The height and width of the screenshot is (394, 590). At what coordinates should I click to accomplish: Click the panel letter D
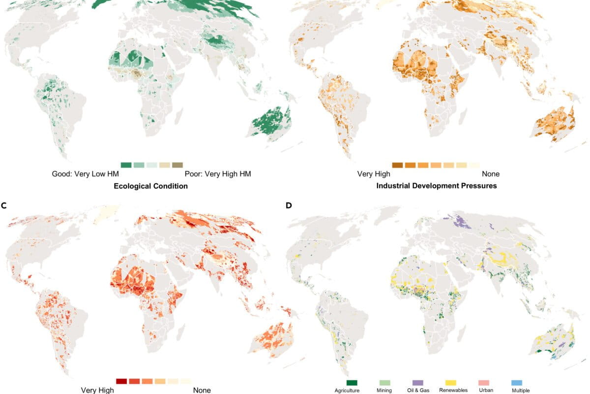pos(290,205)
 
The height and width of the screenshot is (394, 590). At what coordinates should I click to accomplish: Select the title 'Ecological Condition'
pos(151,186)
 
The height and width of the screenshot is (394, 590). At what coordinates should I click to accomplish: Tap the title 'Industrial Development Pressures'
pos(437,186)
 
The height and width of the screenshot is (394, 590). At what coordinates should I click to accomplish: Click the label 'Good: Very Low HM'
pos(85,174)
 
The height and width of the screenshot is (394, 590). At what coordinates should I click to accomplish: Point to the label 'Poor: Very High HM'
pos(218,174)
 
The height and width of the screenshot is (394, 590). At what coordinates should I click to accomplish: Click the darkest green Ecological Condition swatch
pos(126,165)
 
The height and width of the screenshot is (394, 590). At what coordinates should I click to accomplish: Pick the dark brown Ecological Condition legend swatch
pos(177,165)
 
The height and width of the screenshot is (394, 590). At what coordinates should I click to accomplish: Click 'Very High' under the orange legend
pos(374,174)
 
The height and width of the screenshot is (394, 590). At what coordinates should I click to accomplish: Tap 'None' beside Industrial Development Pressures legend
pos(491,174)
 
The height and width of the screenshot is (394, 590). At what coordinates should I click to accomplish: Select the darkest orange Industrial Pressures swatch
pos(397,165)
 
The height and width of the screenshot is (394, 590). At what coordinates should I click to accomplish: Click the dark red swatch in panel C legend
pos(121,381)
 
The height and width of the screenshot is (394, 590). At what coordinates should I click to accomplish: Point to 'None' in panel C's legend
pos(202,390)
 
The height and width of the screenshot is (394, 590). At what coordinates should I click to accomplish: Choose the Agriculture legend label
pos(347,391)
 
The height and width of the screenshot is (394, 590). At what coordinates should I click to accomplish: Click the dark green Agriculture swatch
pos(352,383)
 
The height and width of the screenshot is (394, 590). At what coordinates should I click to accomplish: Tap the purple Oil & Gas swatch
pos(417,383)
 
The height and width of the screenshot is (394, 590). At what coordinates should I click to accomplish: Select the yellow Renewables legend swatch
pos(450,383)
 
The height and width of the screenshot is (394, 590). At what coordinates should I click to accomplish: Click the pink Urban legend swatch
pos(484,383)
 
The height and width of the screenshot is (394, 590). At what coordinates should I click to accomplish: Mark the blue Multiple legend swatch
pos(516,383)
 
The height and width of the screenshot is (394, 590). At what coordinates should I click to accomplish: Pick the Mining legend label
pos(384,391)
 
